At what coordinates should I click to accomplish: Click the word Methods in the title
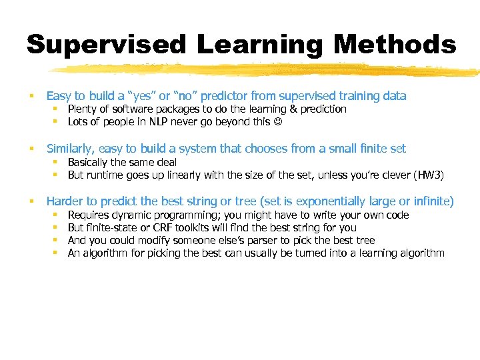pyautogui.click(x=395, y=45)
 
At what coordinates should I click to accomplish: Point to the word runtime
pyautogui.click(x=107, y=175)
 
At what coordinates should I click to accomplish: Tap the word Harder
pyautogui.click(x=65, y=201)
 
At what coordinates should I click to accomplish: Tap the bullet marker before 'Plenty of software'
pyautogui.click(x=58, y=109)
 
